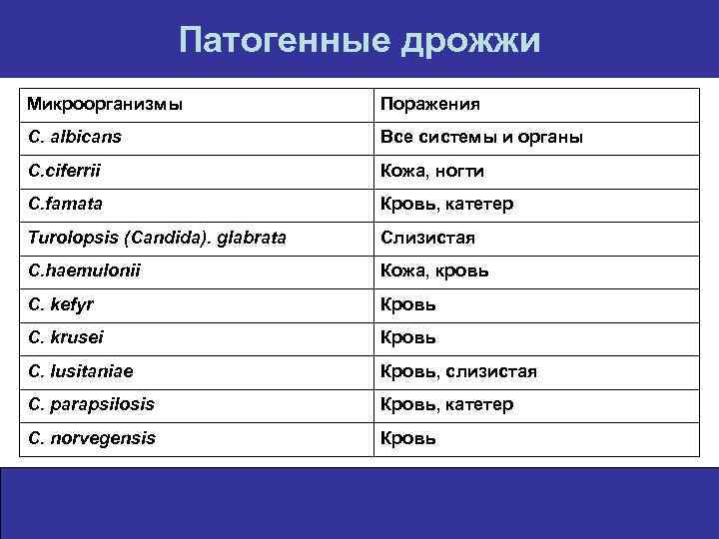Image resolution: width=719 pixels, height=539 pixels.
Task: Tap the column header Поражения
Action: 429,104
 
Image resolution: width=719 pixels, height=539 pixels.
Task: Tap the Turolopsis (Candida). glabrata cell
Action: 157,238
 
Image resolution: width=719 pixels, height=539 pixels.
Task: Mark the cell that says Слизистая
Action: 427,238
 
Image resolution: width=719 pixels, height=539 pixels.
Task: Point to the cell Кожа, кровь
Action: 432,270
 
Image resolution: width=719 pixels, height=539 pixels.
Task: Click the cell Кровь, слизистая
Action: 458,371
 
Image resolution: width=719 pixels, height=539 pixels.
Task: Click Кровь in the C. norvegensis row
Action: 407,438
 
